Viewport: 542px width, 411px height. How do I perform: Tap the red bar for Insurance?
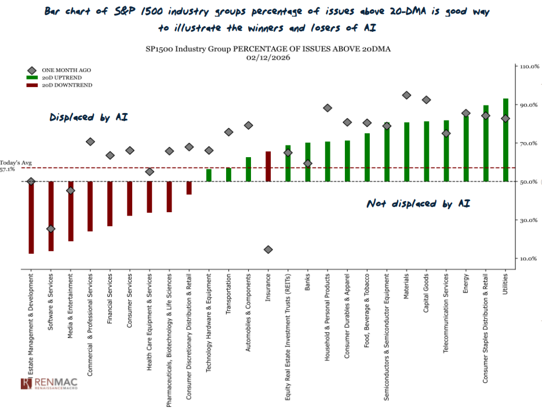point(268,166)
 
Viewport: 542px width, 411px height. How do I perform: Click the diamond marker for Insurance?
point(268,249)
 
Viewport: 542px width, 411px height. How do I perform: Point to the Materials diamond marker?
point(406,95)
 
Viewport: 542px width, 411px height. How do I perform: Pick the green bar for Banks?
point(308,162)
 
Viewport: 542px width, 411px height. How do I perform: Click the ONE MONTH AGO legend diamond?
point(32,70)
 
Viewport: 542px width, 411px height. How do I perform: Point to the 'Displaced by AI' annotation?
point(89,117)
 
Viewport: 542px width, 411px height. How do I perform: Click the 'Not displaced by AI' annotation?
point(418,203)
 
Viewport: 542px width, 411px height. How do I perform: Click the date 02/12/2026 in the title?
point(268,57)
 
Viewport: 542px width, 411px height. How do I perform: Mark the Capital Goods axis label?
point(427,293)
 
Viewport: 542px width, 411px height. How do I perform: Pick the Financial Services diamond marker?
point(110,155)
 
